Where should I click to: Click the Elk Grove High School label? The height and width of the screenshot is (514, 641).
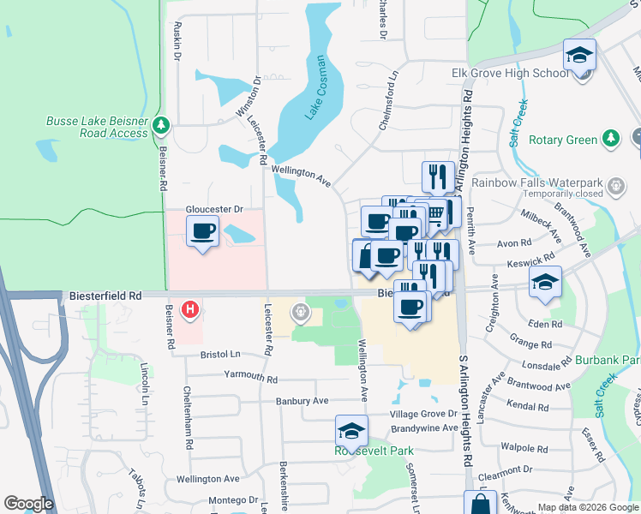pyautogui.click(x=510, y=73)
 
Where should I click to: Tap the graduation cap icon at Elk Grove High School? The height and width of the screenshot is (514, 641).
pyautogui.click(x=579, y=57)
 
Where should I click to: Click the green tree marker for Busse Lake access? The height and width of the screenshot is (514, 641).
pyautogui.click(x=160, y=128)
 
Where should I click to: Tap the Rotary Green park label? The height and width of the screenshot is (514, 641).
pyautogui.click(x=562, y=140)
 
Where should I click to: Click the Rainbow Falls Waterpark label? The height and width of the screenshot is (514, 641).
pyautogui.click(x=550, y=181)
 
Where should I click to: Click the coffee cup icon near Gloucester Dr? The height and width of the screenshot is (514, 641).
pyautogui.click(x=202, y=232)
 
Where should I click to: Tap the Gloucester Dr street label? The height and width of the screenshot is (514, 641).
pyautogui.click(x=214, y=209)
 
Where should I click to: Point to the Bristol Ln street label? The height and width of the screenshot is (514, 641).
pyautogui.click(x=221, y=354)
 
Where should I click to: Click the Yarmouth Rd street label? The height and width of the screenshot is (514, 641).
pyautogui.click(x=250, y=378)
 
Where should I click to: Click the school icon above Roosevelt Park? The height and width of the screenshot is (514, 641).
pyautogui.click(x=351, y=431)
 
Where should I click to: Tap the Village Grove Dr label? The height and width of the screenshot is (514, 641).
pyautogui.click(x=425, y=413)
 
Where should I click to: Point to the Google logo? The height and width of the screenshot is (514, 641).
pyautogui.click(x=27, y=505)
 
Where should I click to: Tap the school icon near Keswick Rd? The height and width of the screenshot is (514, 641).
pyautogui.click(x=545, y=283)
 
